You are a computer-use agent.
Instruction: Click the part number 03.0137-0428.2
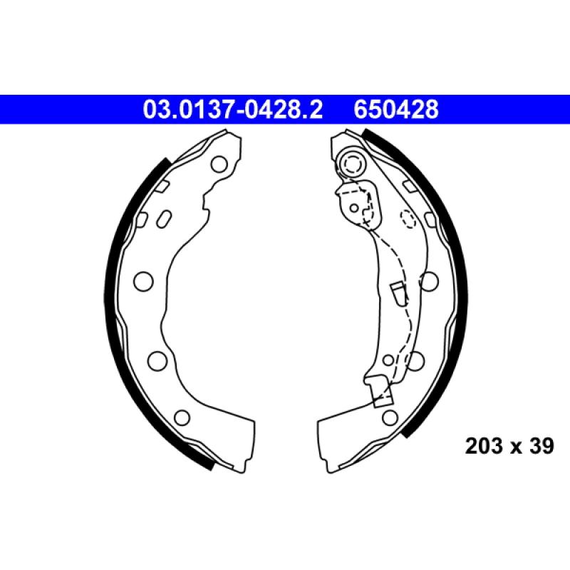(x=233, y=110)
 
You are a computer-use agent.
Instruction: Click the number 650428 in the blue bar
(x=396, y=110)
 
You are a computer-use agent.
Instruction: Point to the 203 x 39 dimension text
(x=509, y=447)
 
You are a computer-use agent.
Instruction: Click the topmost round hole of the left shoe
(x=219, y=165)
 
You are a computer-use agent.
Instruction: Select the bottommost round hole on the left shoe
(x=182, y=418)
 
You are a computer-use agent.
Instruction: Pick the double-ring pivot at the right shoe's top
(x=352, y=165)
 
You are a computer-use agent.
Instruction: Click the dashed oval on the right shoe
(x=408, y=219)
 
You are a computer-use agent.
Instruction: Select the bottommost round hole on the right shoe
(x=389, y=417)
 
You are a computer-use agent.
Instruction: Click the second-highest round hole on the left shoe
(x=143, y=281)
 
